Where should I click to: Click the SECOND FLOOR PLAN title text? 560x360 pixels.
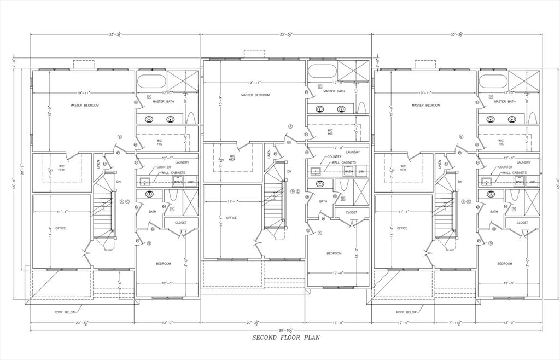pyautogui.click(x=285, y=338)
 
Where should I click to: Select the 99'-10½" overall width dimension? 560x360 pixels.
pyautogui.click(x=285, y=330)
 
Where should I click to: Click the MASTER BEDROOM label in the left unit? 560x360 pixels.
pyautogui.click(x=84, y=105)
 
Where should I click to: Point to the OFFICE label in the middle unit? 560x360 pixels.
pyautogui.click(x=231, y=218)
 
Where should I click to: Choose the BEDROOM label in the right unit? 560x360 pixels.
pyautogui.click(x=505, y=264)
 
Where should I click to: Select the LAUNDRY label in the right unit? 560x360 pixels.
pyautogui.click(x=523, y=162)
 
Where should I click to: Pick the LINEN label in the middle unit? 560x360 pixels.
pyautogui.click(x=269, y=154)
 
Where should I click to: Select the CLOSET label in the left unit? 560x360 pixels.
pyautogui.click(x=180, y=223)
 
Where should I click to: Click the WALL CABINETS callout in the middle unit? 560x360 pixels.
pyautogui.click(x=342, y=162)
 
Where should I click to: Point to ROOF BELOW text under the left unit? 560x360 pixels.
pyautogui.click(x=65, y=312)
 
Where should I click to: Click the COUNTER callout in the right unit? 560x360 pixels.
pyautogui.click(x=505, y=167)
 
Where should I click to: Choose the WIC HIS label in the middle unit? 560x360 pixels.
pyautogui.click(x=330, y=132)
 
